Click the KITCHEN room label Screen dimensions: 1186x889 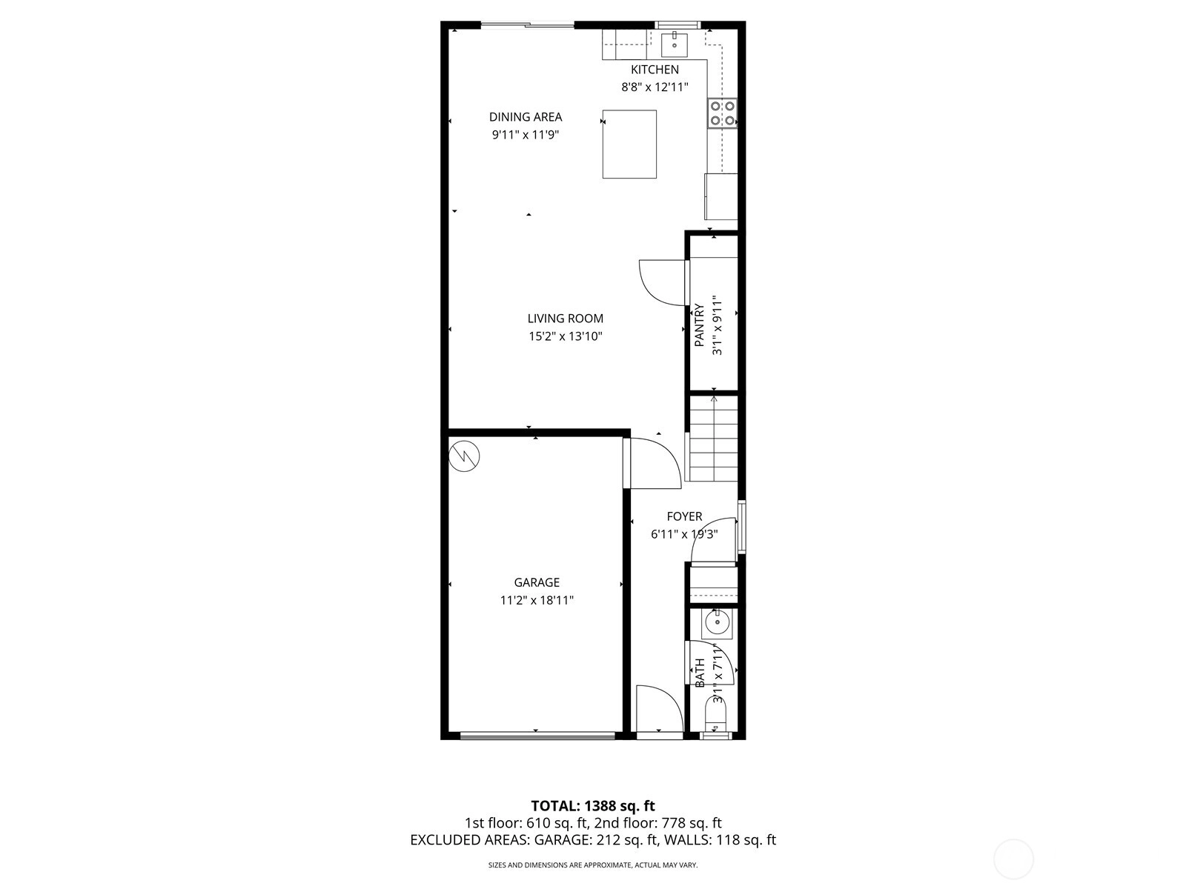[655, 70]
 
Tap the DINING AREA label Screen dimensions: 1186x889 [526, 117]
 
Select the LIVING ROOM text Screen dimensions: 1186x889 [565, 319]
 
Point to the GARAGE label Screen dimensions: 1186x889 [537, 582]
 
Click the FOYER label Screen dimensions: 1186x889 [684, 516]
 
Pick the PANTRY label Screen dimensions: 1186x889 [699, 325]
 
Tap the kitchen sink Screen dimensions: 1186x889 [675, 44]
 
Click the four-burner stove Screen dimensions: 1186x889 [722, 113]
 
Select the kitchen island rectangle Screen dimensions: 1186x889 [629, 144]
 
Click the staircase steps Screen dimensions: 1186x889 [713, 439]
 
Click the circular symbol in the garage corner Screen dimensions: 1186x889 [464, 456]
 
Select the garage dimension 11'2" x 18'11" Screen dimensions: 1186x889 [537, 600]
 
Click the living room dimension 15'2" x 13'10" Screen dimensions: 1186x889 [565, 336]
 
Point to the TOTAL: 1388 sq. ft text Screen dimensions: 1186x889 [593, 806]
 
